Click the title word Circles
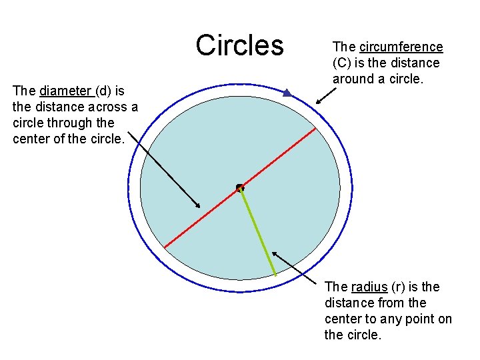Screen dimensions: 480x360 click(239, 45)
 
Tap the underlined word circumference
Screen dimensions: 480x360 click(401, 47)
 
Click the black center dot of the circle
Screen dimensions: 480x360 click(240, 188)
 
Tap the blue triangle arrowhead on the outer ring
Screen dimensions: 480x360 click(287, 93)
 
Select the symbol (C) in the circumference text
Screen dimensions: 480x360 click(343, 63)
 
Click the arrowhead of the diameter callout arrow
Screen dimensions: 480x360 click(198, 205)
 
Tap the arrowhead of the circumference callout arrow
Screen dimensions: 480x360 click(317, 103)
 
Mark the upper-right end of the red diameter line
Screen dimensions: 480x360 click(315, 129)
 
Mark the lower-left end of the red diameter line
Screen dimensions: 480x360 click(165, 247)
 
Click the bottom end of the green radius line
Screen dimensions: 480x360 click(275, 275)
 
